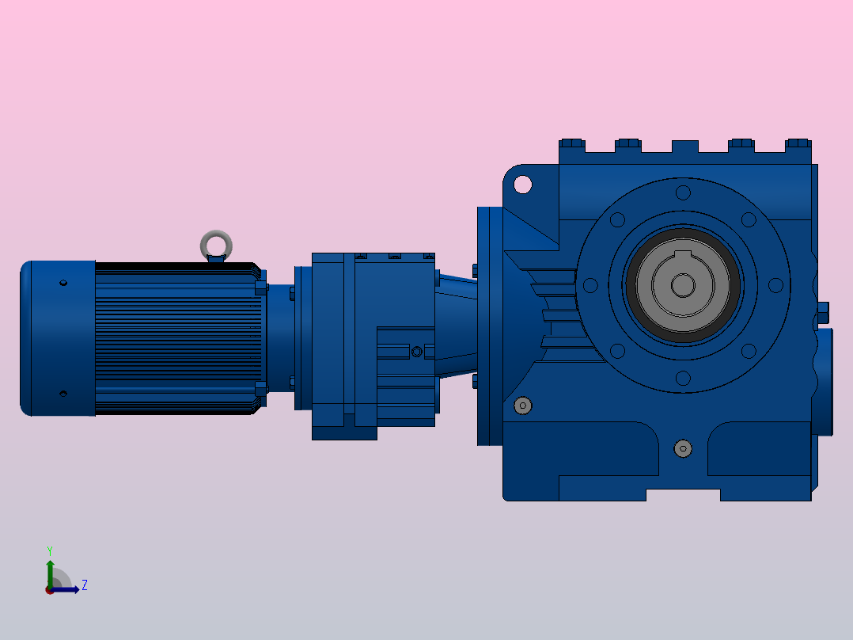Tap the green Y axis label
[50, 550]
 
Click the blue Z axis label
[85, 585]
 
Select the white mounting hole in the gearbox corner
[523, 185]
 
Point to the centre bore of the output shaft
[683, 285]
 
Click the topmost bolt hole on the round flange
[684, 192]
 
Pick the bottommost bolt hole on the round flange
[684, 378]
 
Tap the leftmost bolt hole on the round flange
[590, 285]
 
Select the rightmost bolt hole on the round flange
[775, 285]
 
